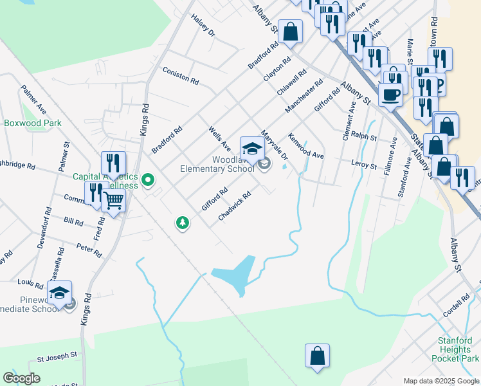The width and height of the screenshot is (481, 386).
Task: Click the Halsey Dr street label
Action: click(x=204, y=25)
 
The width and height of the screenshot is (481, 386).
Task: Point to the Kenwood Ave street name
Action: click(x=305, y=146)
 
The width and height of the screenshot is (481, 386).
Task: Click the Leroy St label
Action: click(x=364, y=165)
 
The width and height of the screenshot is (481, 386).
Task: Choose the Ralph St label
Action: click(x=363, y=136)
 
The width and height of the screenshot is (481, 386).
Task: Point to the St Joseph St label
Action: click(x=57, y=354)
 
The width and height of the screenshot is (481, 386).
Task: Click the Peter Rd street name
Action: click(x=89, y=250)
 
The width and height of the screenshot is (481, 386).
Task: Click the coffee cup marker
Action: click(x=392, y=95)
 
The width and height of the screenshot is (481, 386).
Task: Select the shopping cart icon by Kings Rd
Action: click(x=114, y=201)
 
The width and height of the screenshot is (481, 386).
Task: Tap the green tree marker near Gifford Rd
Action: click(x=183, y=223)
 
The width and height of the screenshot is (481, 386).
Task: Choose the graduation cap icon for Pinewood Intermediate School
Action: click(x=59, y=293)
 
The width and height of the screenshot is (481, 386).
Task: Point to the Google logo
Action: click(x=21, y=378)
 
